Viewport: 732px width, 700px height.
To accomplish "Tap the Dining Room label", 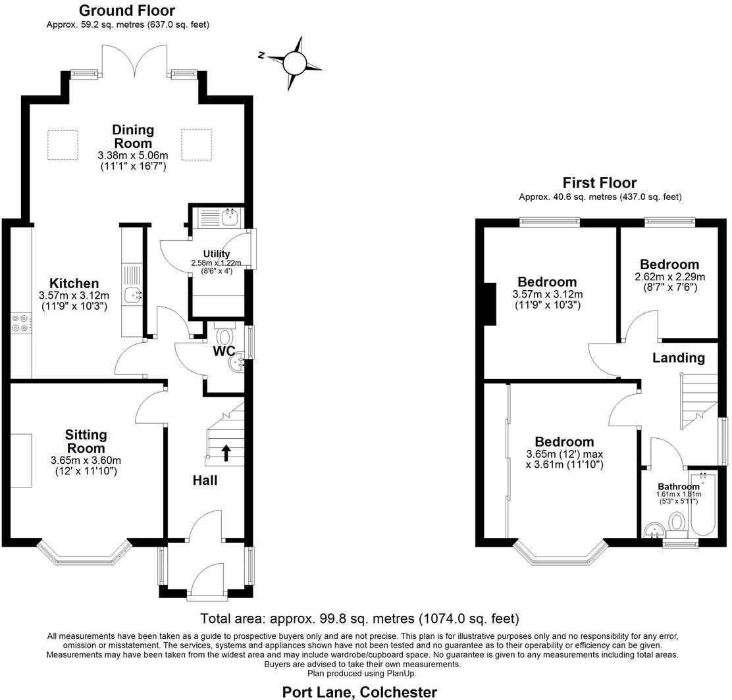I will tap(133, 136).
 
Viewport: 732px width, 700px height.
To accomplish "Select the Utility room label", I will tap(217, 254).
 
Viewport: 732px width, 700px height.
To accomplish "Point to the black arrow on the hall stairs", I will tap(226, 453).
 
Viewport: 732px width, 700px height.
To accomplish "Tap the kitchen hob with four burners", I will tap(20, 324).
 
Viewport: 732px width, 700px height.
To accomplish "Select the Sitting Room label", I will tap(86, 441).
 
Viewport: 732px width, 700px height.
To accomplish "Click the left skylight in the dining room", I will tap(63, 145).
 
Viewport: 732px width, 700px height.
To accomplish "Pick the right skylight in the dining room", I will tap(197, 145).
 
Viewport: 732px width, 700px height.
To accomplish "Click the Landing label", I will tap(679, 358).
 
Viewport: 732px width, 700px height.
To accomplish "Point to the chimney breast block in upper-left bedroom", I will tap(490, 303).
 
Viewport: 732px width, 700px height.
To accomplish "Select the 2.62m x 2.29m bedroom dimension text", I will tap(669, 277).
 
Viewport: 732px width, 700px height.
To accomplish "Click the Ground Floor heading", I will tap(127, 11).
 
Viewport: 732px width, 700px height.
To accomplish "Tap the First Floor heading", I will tap(600, 183).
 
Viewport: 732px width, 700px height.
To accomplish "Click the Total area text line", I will tap(359, 618).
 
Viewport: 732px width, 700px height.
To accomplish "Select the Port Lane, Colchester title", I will tap(359, 692).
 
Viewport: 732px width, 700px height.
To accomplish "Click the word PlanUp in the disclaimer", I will tap(402, 673).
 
